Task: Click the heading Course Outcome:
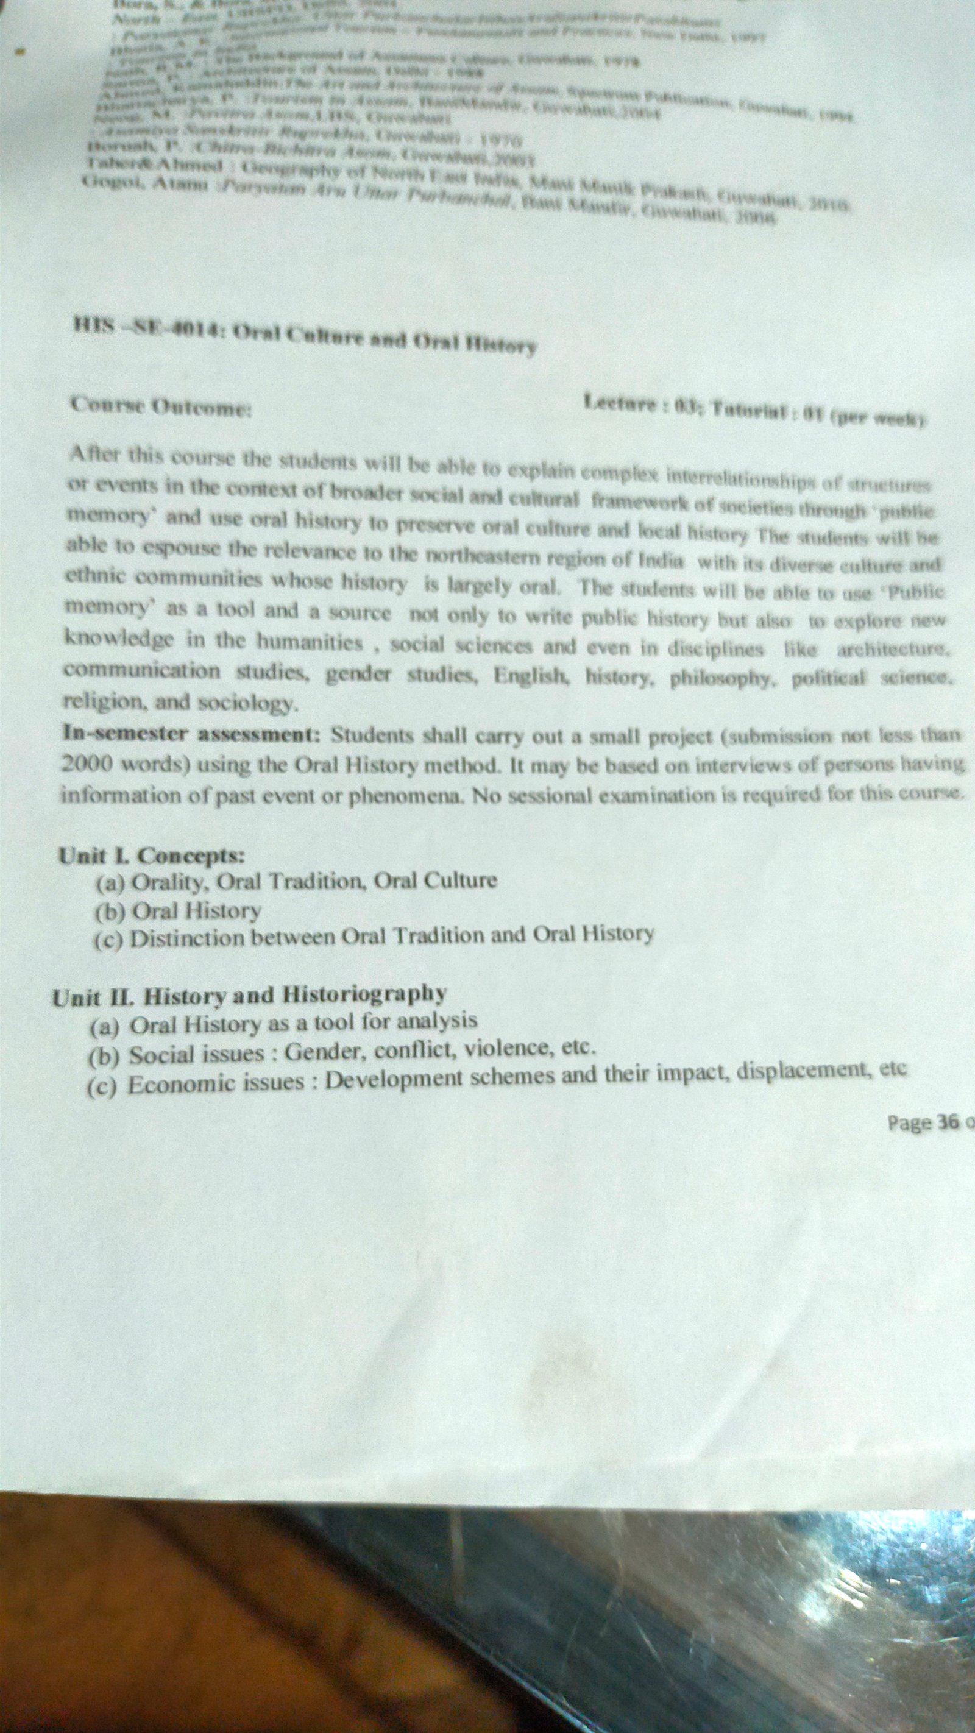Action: (x=161, y=406)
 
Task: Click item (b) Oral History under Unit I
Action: (x=179, y=912)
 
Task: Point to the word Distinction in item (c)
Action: (x=188, y=938)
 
